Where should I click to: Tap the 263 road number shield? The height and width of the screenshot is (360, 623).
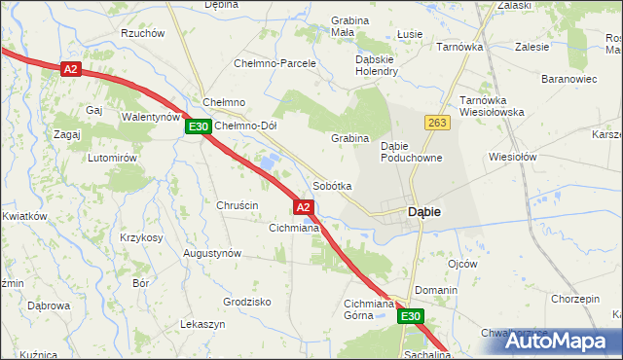435,122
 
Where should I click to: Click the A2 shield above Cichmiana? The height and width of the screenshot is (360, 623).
304,207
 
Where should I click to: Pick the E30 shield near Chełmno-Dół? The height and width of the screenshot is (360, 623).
199,126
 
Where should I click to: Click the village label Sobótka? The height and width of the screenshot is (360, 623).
332,185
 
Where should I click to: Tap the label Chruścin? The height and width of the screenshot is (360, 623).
237,205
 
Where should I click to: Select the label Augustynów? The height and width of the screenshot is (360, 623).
212,253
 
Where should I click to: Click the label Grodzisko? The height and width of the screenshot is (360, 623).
246,302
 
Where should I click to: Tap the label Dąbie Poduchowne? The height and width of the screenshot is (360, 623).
412,151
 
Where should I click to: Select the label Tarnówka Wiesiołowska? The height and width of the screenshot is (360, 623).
492,106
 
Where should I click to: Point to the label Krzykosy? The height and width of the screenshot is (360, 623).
140,237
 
